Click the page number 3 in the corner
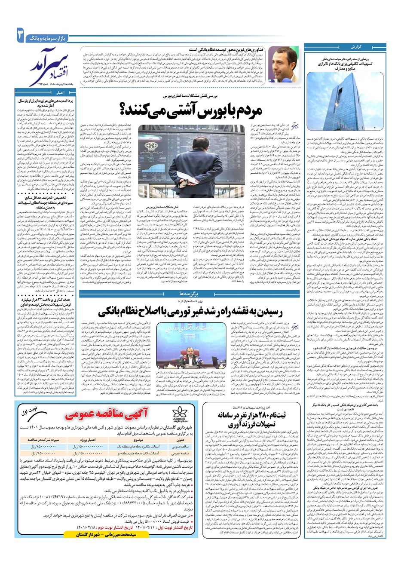pyautogui.click(x=20, y=35)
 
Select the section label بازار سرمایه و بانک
pyautogui.click(x=47, y=39)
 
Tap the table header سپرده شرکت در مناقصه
pyautogui.click(x=43, y=440)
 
